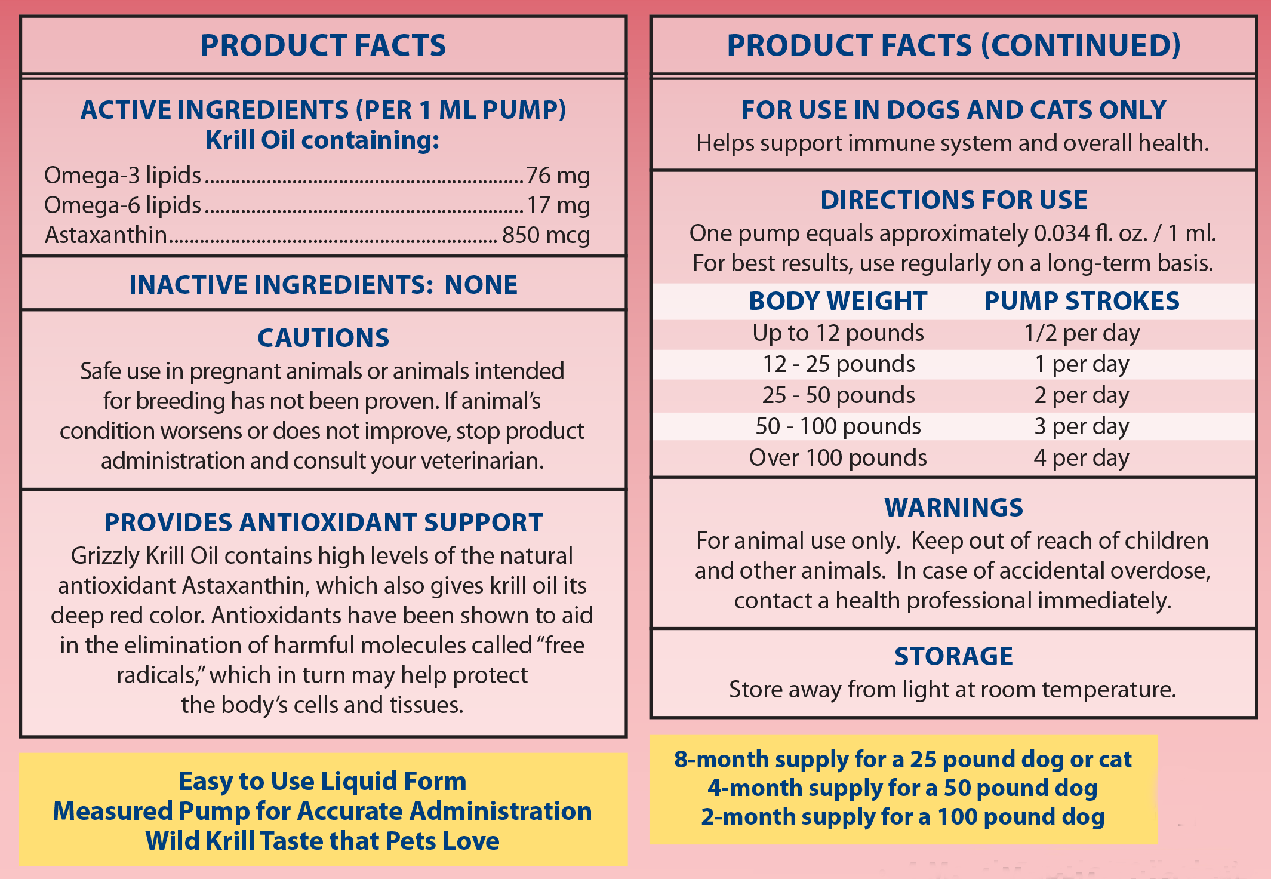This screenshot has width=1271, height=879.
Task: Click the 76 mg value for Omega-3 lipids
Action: point(558,176)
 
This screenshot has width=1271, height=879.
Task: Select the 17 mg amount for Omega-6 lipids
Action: point(558,205)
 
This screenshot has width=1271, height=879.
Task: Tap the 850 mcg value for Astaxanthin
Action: point(546,235)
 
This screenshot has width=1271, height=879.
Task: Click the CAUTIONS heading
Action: point(323,338)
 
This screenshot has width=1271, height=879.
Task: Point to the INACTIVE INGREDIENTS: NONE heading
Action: point(323,285)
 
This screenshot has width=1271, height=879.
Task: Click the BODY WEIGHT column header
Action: point(838,301)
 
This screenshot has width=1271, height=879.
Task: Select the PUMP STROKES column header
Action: point(1081,301)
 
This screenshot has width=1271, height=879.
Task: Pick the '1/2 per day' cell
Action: point(1081,333)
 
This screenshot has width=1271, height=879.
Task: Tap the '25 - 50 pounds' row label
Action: point(838,395)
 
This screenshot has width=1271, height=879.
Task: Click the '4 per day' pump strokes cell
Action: point(1081,458)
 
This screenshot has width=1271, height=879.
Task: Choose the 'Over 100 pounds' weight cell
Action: point(838,458)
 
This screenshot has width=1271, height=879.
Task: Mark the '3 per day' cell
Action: point(1081,426)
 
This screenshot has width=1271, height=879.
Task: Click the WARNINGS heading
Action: point(953,508)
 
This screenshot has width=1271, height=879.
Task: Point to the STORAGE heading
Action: point(953,656)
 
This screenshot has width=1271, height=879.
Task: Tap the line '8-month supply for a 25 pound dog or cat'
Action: point(903,760)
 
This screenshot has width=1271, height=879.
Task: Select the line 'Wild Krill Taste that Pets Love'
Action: point(322,841)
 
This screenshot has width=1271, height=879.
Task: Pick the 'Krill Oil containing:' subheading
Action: point(322,140)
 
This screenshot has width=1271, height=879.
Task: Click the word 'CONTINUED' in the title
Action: point(1081,45)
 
